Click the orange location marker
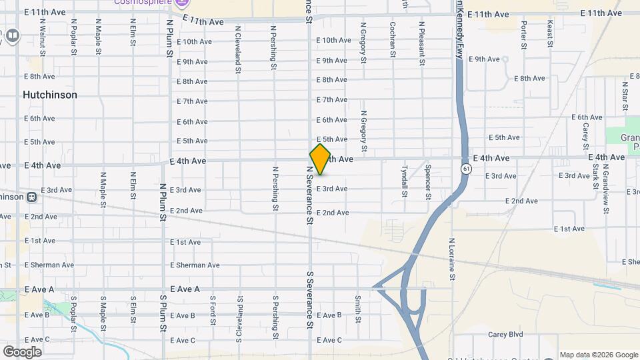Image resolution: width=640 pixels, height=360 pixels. click(320, 159)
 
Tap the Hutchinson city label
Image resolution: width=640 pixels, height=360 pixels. click(50, 95)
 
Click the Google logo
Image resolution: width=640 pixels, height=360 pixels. click(22, 351)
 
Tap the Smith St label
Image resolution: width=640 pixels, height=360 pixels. click(358, 309)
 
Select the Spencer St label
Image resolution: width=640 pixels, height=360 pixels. click(427, 182)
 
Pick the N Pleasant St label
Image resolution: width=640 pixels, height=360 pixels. click(421, 43)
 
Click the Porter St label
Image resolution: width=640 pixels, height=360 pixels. click(524, 35)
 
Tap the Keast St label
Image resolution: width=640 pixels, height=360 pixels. click(550, 33)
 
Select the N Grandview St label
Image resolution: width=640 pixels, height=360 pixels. click(605, 192)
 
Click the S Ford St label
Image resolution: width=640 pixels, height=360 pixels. click(212, 311)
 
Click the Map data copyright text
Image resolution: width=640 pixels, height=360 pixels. click(599, 355)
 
